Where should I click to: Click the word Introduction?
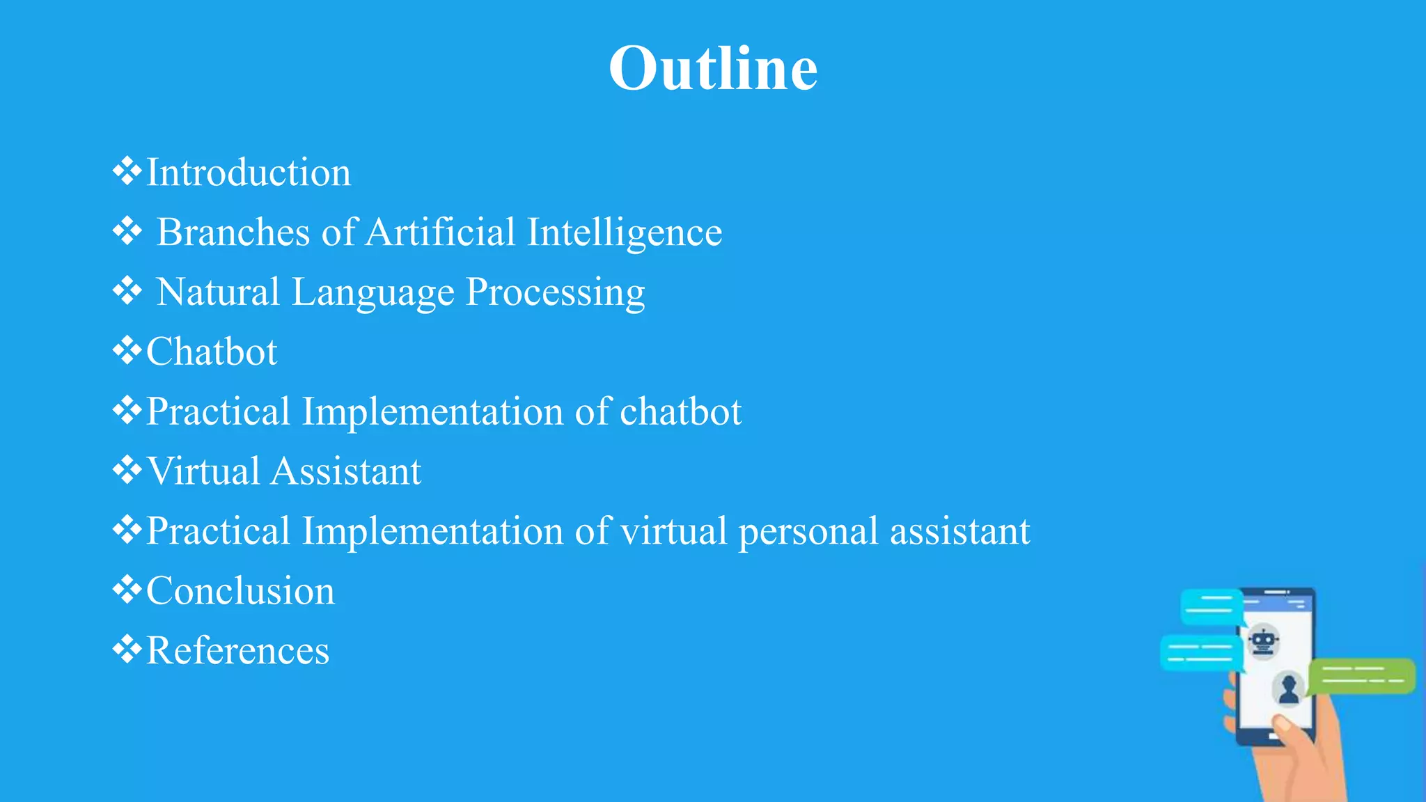pyautogui.click(x=249, y=172)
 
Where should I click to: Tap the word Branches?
pyautogui.click(x=233, y=232)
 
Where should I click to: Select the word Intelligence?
pyautogui.click(x=625, y=233)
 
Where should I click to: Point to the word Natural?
pyautogui.click(x=218, y=292)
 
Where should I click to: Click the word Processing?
pyautogui.click(x=555, y=293)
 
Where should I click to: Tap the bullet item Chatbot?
pyautogui.click(x=212, y=352)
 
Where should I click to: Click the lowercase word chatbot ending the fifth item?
pyautogui.click(x=680, y=411)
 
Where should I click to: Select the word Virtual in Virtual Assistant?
pyautogui.click(x=203, y=471)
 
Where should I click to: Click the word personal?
pyautogui.click(x=808, y=532)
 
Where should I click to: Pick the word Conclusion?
pyautogui.click(x=240, y=591)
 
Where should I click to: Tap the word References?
pyautogui.click(x=237, y=651)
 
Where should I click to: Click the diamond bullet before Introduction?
pyautogui.click(x=127, y=171)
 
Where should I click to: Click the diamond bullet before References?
pyautogui.click(x=127, y=649)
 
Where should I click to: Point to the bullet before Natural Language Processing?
pyautogui.click(x=127, y=290)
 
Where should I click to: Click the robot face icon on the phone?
pyautogui.click(x=1263, y=641)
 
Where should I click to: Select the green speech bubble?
pyautogui.click(x=1361, y=675)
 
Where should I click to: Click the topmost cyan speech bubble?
pyautogui.click(x=1212, y=606)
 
